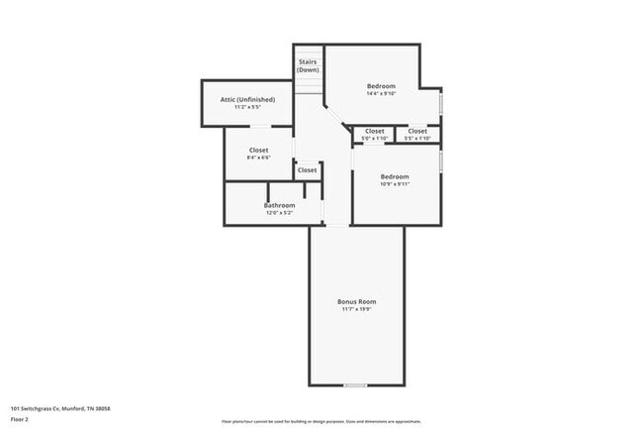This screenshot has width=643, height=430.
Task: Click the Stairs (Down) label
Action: coord(308,65)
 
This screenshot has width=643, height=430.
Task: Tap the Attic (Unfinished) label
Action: coord(246,99)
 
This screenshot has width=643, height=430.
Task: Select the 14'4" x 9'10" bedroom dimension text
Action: coord(381,93)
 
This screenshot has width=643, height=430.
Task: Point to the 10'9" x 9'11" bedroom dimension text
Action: coord(395,183)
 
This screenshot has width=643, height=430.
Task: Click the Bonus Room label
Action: coord(356,301)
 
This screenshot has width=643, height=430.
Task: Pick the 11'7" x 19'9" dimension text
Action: coord(356,309)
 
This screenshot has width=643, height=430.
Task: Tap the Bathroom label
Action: coord(279,205)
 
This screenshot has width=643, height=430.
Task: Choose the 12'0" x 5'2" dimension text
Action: coord(279,213)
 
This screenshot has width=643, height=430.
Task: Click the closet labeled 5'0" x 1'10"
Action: coord(374,134)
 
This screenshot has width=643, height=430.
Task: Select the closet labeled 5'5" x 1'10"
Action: coord(417,134)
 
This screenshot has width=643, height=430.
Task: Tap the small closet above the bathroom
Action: coord(308,169)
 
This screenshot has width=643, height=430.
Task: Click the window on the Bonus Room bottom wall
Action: coord(356,384)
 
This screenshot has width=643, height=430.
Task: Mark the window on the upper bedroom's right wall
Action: coord(442,103)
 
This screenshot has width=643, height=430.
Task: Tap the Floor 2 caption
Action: coord(21,419)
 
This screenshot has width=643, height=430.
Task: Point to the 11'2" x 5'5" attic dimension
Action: coord(246,107)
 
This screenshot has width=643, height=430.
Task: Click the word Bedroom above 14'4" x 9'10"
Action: coord(381,85)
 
